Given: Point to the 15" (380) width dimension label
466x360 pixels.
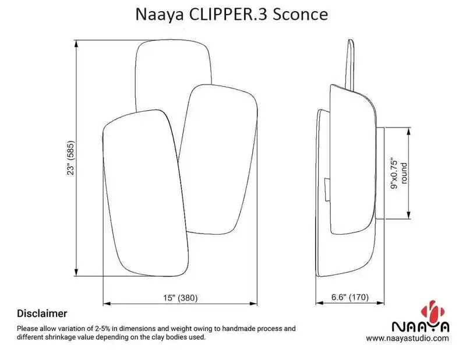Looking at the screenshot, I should tap(181, 298).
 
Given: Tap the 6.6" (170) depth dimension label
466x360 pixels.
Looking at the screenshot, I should tap(350, 298).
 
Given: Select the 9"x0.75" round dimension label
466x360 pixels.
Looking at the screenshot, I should tap(399, 173).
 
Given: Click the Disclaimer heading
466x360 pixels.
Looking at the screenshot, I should tap(42, 313).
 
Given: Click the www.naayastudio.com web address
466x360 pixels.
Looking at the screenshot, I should tap(408, 338).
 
